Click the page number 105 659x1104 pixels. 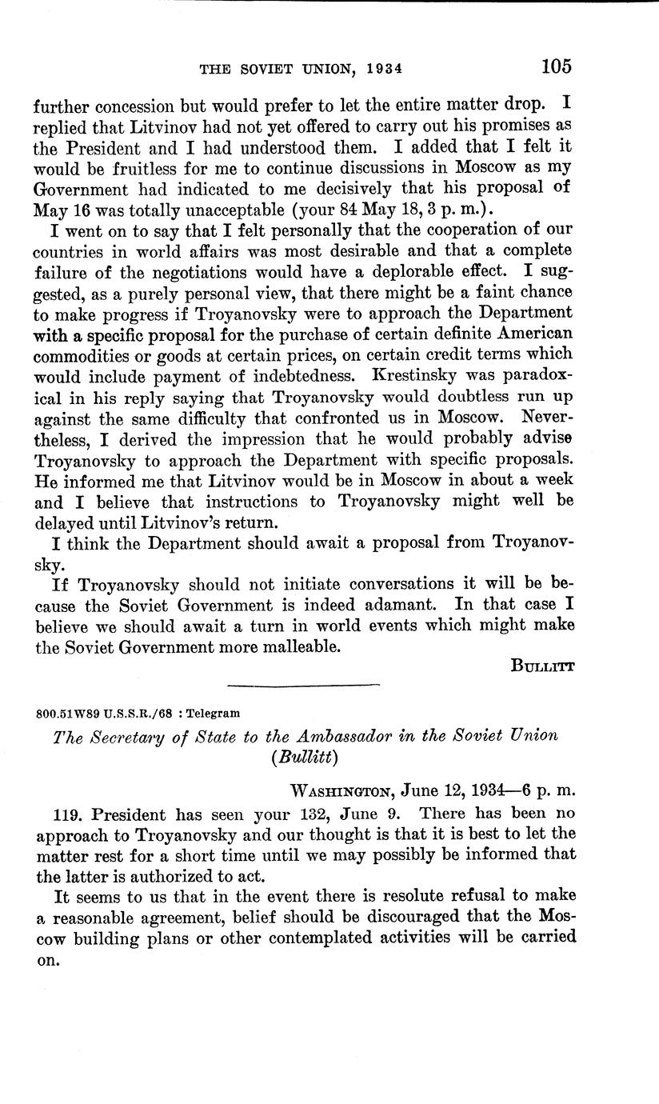(556, 66)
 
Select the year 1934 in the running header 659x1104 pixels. (378, 69)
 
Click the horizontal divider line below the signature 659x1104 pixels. (303, 685)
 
